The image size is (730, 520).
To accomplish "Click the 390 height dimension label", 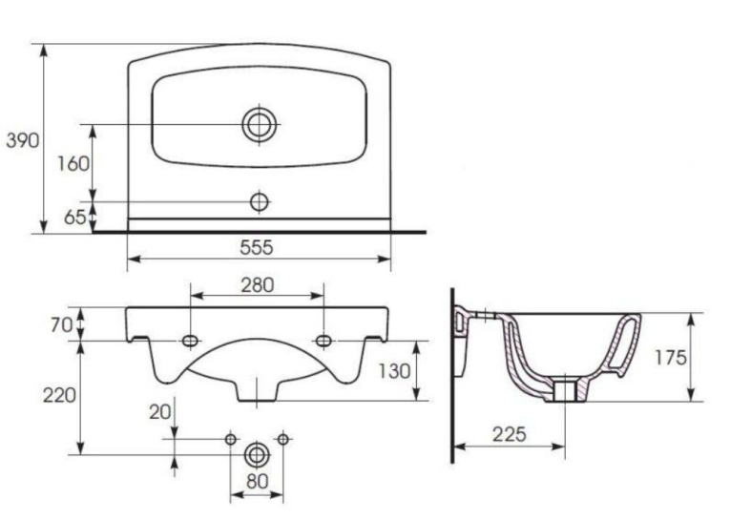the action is (x=23, y=139).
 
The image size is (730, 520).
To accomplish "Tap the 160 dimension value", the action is (x=73, y=163).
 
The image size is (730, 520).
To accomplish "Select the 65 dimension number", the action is (x=75, y=217).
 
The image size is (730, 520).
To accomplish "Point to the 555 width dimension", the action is (x=257, y=247).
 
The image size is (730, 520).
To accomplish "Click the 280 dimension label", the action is (x=258, y=285).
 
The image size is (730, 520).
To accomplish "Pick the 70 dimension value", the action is (x=62, y=325).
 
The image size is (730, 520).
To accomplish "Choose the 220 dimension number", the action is (x=59, y=395).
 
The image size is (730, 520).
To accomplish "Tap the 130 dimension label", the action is (x=394, y=371).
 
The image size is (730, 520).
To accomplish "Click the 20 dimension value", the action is (x=160, y=411).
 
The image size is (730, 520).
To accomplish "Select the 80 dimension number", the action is (x=258, y=481).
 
